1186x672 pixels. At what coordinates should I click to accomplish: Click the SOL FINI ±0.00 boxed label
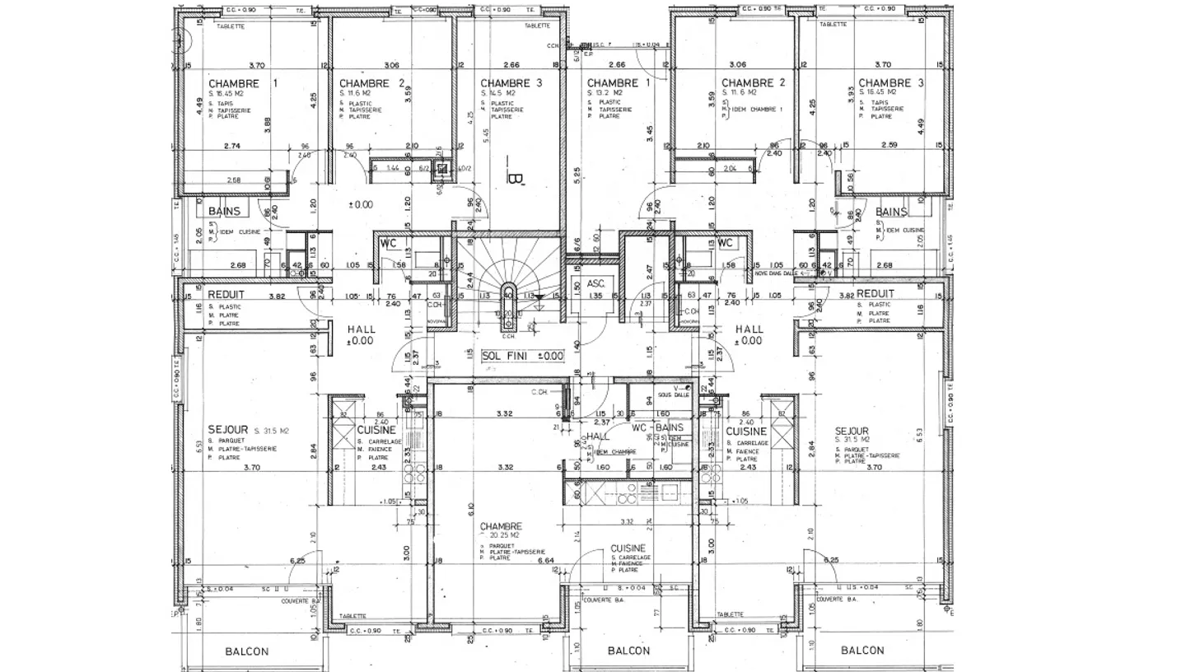[x=522, y=356]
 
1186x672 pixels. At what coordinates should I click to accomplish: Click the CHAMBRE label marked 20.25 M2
[x=502, y=526]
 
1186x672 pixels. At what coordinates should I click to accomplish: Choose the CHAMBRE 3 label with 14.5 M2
[x=511, y=83]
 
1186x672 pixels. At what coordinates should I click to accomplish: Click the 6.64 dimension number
[x=544, y=561]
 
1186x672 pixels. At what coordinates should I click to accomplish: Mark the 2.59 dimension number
[x=888, y=146]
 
